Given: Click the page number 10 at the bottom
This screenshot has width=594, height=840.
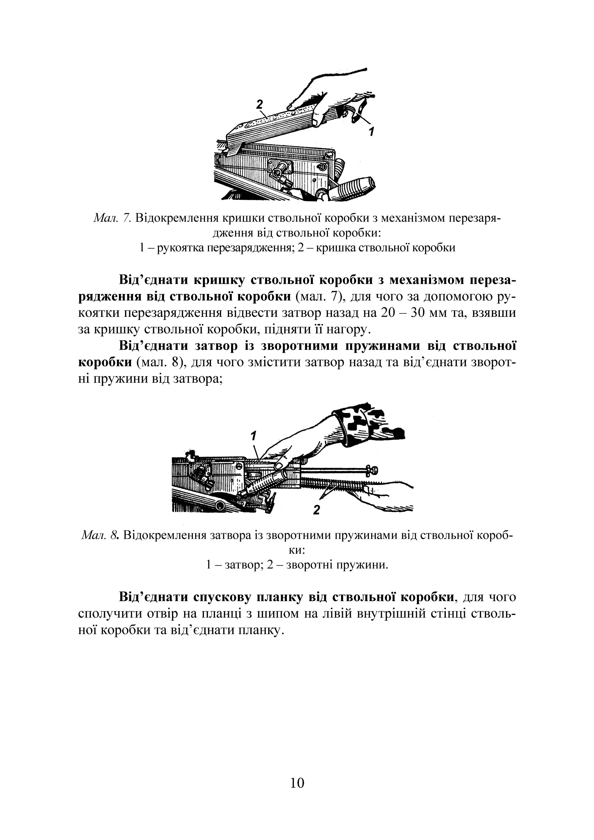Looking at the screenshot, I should click(297, 783).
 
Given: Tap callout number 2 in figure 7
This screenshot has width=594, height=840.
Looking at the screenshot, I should click(259, 104).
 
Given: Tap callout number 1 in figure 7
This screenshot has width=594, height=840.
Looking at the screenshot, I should click(371, 131).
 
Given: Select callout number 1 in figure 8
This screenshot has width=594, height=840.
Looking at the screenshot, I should click(253, 436).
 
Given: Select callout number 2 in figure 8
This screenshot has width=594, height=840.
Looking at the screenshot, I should click(316, 510).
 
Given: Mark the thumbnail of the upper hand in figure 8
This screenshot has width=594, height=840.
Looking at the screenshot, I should click(279, 465).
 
